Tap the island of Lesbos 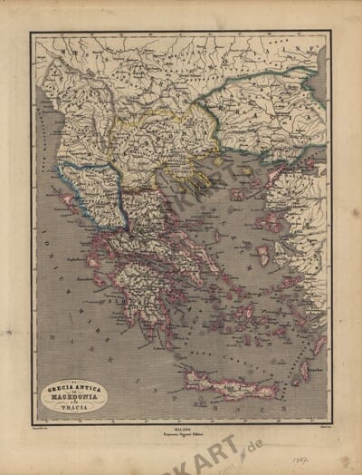[269, 222]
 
